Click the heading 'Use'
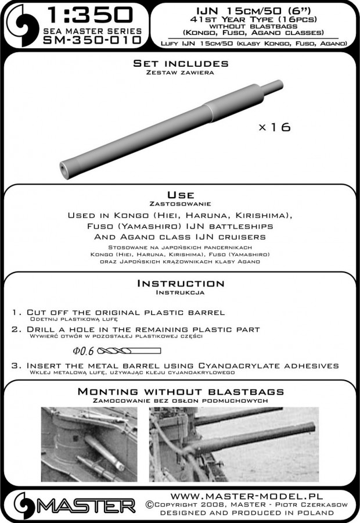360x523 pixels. point(179,195)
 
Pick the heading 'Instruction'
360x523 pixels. point(179,284)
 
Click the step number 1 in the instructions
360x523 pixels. point(14,313)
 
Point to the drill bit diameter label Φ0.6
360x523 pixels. point(84,350)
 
